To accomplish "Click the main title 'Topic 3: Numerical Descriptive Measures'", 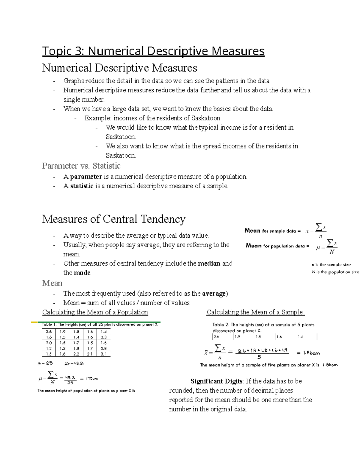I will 153,51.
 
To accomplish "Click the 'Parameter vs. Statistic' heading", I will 81,166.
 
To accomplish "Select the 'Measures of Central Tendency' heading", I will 114,219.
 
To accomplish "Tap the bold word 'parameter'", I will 86,177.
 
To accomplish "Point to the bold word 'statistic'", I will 82,186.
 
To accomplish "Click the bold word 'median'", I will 209,263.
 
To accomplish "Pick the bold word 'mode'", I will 82,273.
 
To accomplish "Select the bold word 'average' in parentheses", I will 214,293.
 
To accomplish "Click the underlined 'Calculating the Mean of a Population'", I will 95,312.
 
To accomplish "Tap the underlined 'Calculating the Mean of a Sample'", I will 255,312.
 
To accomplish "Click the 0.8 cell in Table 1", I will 103,348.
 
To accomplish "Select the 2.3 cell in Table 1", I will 103,337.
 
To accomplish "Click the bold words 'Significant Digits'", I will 216,381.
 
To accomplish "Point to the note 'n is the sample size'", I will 331,265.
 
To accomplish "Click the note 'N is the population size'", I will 335,272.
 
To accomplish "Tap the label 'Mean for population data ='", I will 277,246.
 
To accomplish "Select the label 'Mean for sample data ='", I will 272,231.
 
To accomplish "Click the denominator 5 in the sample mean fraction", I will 259,357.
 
